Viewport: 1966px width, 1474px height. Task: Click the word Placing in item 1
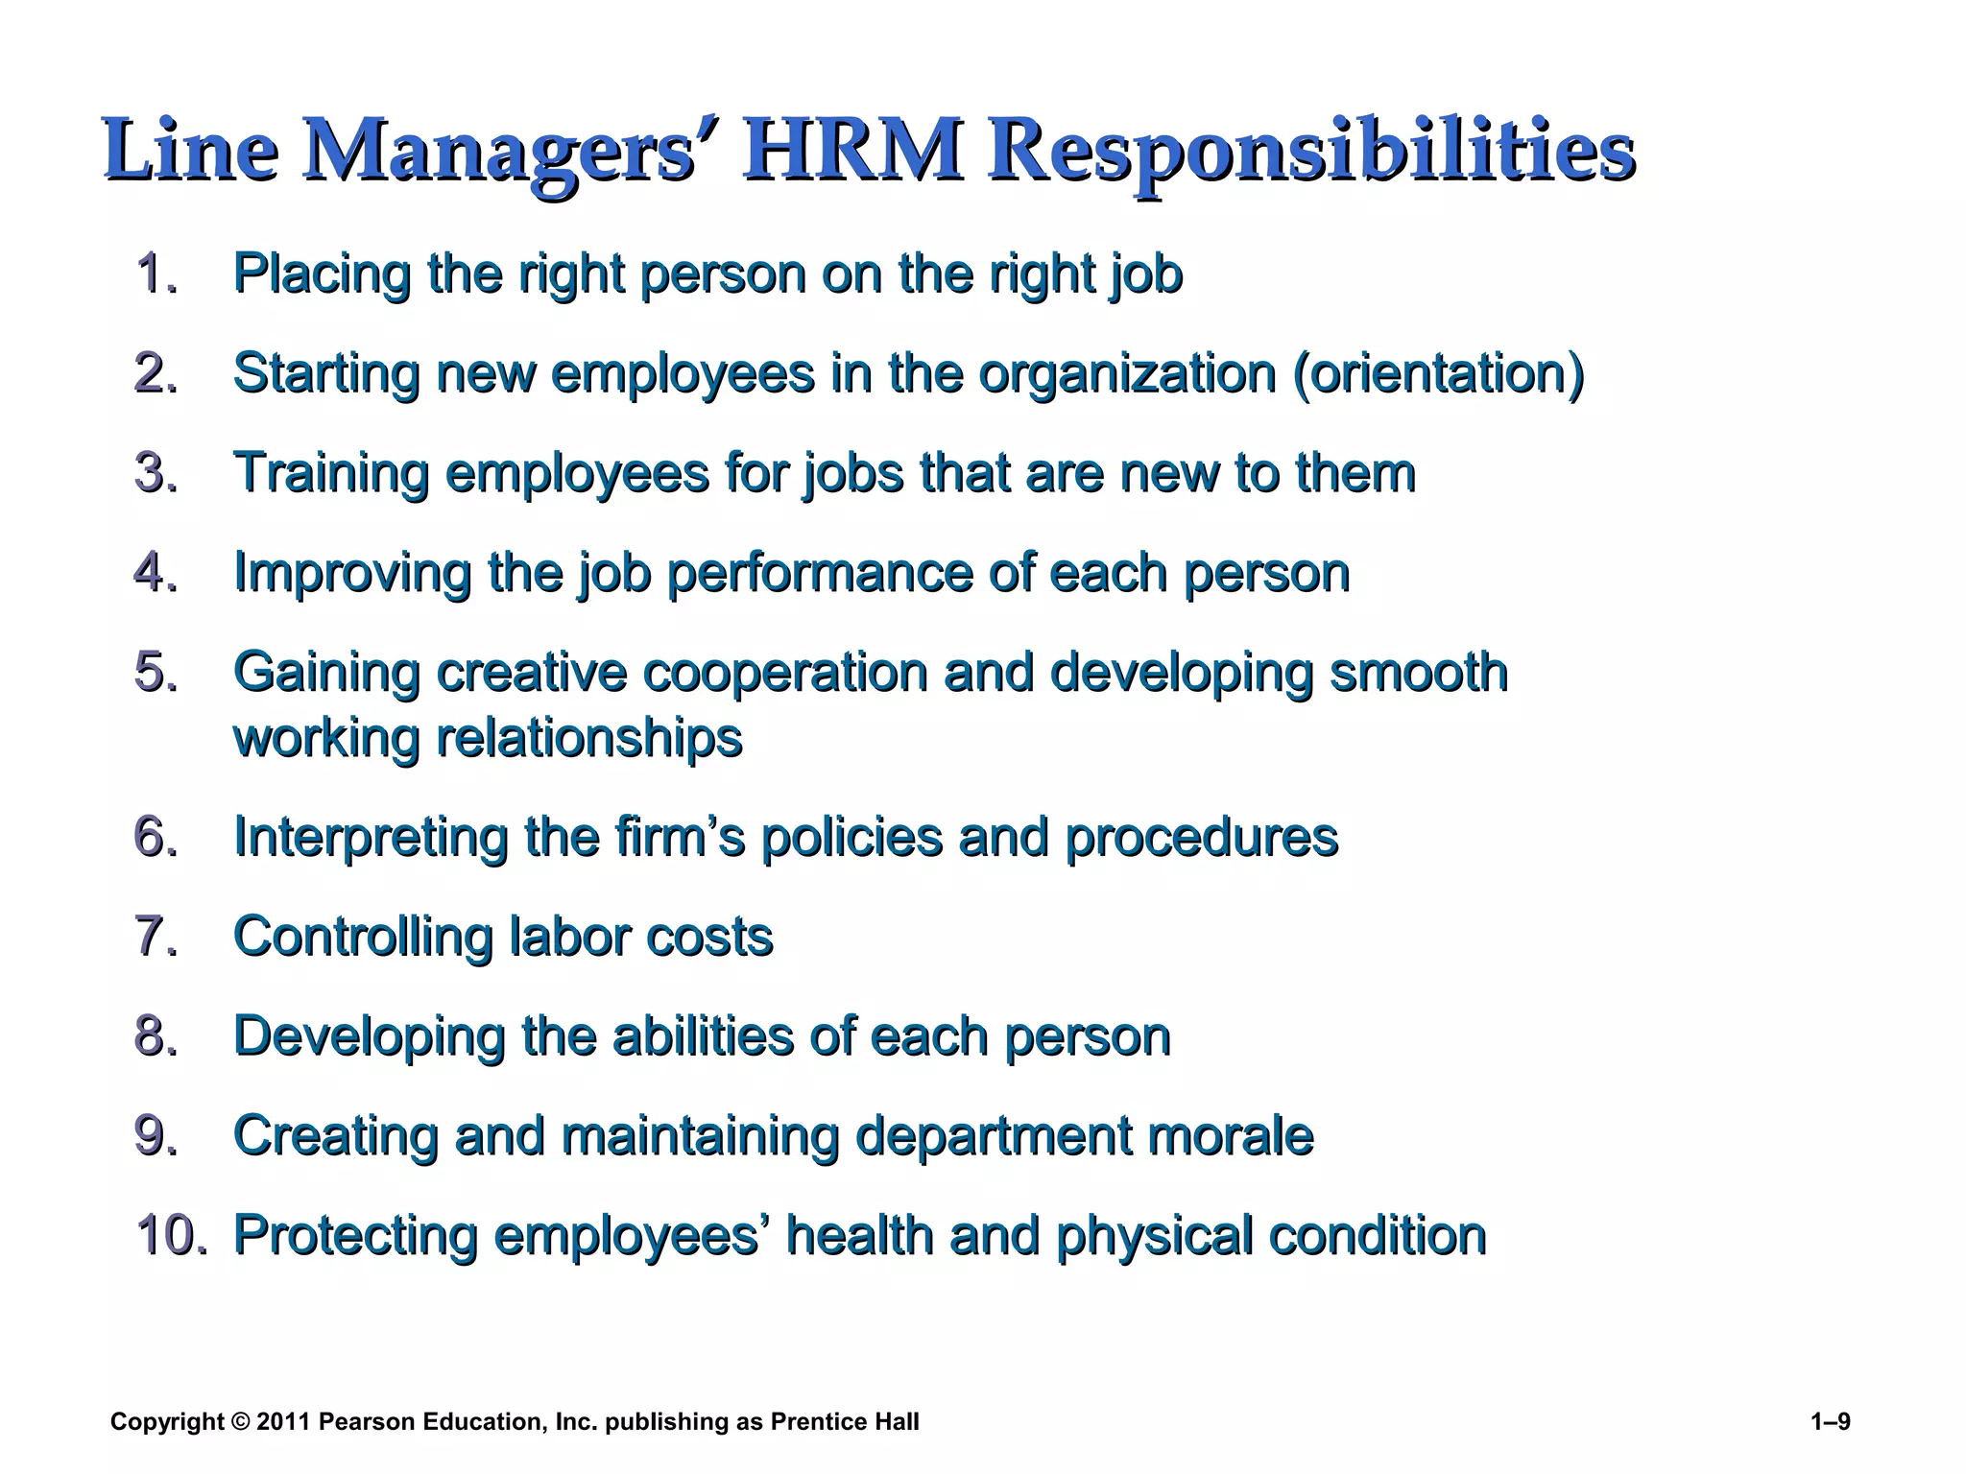323,274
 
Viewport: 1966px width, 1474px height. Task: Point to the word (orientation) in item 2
1437,373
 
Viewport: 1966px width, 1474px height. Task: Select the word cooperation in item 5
784,672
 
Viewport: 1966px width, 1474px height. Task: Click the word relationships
589,738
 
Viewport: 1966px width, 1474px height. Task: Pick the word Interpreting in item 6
370,838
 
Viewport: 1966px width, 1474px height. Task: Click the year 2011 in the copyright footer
283,1421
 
